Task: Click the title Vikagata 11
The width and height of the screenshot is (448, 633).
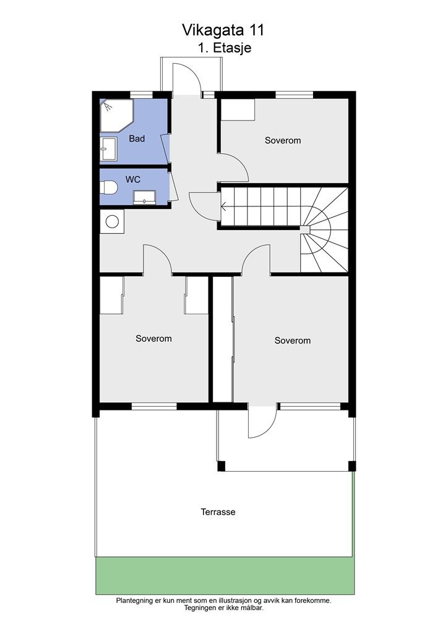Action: (223, 30)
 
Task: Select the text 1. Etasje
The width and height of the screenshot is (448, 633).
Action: (225, 48)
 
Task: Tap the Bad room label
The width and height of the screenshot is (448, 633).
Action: (137, 138)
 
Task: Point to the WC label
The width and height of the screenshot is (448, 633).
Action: (133, 179)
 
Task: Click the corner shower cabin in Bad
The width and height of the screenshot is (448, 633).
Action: (116, 115)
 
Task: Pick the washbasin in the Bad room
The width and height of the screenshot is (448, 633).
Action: (109, 149)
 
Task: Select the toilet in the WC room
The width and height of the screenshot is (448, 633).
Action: (109, 188)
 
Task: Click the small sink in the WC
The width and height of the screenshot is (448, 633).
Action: (144, 197)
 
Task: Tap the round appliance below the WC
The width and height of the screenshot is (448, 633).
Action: (112, 221)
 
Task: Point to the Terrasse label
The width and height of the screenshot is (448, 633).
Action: (218, 512)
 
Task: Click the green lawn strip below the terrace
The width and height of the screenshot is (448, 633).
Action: (225, 576)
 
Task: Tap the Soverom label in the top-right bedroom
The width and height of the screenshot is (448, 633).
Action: (283, 140)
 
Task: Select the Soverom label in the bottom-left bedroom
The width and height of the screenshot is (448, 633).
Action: (153, 339)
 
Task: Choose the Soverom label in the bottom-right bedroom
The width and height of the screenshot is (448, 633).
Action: (293, 341)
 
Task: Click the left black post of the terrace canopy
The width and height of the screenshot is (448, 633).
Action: (221, 466)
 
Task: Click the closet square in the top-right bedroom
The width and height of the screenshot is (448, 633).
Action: (238, 109)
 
